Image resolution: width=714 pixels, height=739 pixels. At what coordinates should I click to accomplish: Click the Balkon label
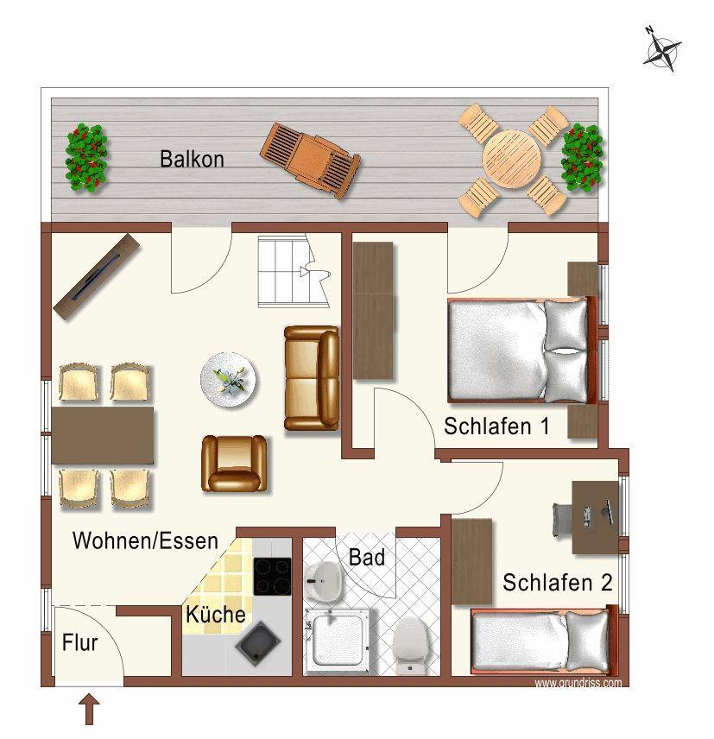[192, 160]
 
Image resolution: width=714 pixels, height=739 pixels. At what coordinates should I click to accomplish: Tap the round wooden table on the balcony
[512, 159]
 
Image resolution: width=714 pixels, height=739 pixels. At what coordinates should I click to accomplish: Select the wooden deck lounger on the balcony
[310, 161]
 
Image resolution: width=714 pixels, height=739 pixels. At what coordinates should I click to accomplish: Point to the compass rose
[662, 49]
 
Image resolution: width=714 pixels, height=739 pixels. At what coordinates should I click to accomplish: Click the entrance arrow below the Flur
[89, 711]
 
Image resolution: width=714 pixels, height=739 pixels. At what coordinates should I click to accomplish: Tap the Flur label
[79, 643]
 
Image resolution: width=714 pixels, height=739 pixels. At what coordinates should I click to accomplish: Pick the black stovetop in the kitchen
[273, 576]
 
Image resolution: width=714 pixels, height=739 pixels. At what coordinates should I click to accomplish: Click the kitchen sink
[258, 643]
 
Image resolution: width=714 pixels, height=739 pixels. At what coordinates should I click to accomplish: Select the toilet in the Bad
[409, 644]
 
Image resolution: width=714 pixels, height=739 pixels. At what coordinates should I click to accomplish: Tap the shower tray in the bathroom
[338, 641]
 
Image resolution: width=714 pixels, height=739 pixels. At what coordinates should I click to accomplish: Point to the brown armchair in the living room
[234, 464]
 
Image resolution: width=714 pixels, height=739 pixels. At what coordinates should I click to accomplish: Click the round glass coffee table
[229, 380]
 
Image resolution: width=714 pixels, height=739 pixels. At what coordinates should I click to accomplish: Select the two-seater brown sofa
[312, 378]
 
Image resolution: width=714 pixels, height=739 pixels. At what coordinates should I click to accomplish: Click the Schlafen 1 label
[496, 426]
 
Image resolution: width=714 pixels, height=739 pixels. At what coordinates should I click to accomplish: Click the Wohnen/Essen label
[145, 540]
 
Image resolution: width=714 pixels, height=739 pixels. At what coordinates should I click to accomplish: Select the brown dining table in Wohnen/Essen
[103, 435]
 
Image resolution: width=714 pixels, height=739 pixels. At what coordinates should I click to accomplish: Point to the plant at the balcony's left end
[86, 158]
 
